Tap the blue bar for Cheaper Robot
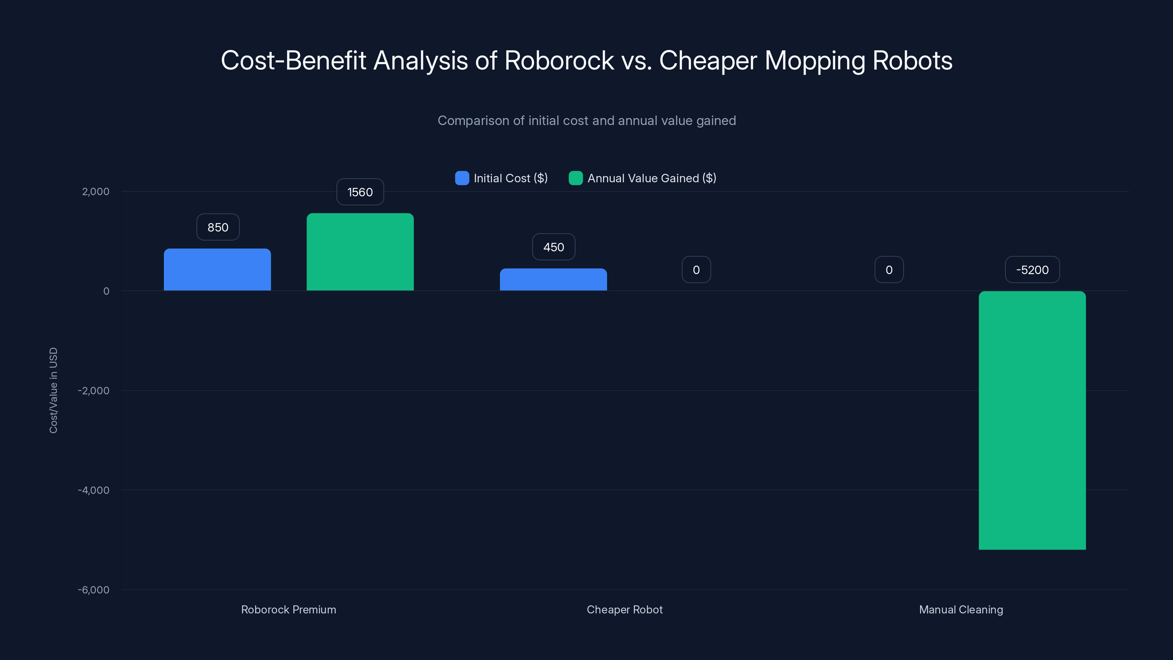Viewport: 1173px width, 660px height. click(553, 280)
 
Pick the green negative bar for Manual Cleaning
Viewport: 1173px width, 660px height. click(1032, 420)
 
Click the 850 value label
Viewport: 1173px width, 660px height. click(218, 227)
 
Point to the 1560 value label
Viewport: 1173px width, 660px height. click(360, 192)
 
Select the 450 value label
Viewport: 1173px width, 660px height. click(553, 247)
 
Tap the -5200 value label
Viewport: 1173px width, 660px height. click(1032, 270)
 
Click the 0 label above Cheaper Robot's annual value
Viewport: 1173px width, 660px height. click(696, 270)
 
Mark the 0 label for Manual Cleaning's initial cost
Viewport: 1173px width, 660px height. click(889, 270)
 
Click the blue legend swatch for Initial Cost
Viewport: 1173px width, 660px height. click(462, 178)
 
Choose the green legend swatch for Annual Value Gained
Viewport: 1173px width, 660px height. click(576, 178)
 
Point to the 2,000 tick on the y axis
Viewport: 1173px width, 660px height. click(96, 191)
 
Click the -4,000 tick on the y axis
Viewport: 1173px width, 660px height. click(94, 490)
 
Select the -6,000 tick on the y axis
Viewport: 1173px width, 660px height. click(94, 590)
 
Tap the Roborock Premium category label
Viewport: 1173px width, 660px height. click(288, 609)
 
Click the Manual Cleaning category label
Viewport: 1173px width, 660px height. click(961, 609)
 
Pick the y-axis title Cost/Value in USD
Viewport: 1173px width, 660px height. click(53, 390)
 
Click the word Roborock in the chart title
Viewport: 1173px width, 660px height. click(559, 60)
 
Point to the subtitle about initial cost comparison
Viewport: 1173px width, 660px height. click(586, 121)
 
